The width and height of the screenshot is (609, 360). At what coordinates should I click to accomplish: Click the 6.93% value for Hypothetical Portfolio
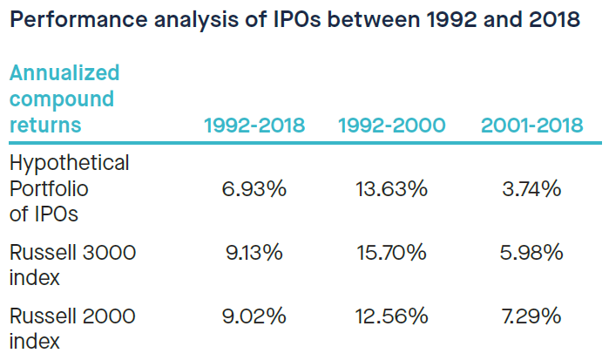(254, 189)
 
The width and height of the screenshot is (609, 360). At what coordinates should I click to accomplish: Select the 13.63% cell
(391, 189)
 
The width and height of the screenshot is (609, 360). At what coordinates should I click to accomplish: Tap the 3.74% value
(531, 189)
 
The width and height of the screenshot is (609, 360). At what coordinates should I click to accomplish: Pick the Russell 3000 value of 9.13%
(254, 254)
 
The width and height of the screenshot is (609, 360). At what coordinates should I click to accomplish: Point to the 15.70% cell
(391, 254)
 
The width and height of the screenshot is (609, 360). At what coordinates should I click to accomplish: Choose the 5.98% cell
(531, 254)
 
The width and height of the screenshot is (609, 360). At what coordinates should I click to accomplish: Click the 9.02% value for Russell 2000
(254, 316)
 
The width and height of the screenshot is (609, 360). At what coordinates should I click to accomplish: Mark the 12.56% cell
(391, 316)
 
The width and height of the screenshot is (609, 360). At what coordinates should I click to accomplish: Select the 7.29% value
(531, 316)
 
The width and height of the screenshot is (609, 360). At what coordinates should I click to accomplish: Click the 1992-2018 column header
(254, 126)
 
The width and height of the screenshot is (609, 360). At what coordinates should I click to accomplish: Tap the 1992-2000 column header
(391, 126)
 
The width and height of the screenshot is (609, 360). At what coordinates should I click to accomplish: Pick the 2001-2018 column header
(531, 126)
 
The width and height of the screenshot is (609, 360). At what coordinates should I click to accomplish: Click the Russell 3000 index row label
(72, 265)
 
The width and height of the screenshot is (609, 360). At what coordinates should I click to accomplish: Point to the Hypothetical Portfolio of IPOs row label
(69, 189)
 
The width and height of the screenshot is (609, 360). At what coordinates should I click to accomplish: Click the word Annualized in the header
(64, 71)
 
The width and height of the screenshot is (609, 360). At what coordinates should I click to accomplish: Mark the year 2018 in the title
(551, 20)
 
